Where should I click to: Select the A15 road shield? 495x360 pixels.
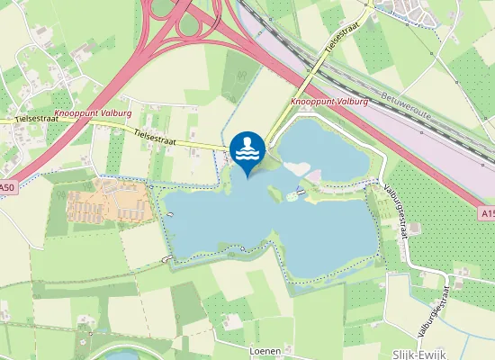(486, 213)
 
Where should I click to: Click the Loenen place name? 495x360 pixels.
(265, 348)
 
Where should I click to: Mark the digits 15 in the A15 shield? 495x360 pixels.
(490, 213)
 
